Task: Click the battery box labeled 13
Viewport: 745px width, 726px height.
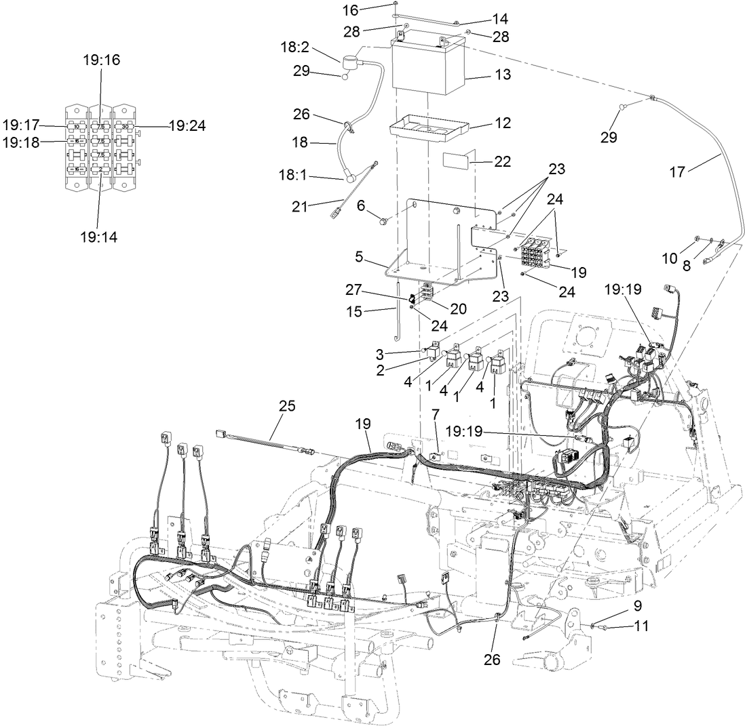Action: (x=427, y=68)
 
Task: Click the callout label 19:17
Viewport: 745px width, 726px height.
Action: (x=21, y=125)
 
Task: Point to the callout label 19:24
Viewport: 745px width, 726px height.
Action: (x=187, y=125)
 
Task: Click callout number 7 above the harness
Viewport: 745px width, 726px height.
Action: (x=436, y=413)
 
